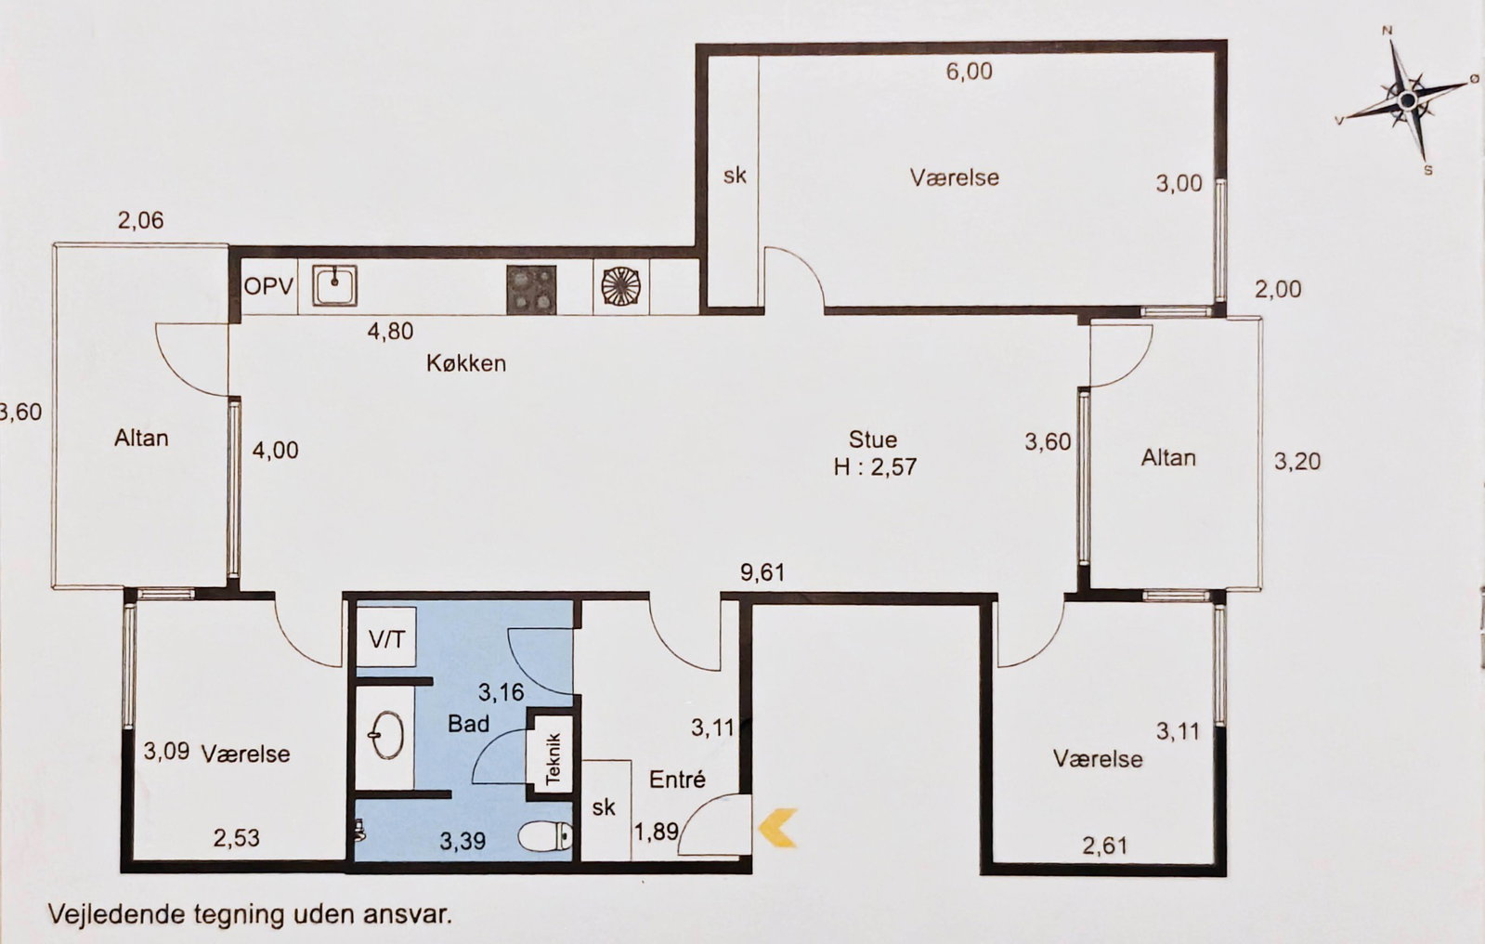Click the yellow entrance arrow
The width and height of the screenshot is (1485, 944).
[777, 828]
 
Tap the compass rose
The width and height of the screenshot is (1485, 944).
[1407, 101]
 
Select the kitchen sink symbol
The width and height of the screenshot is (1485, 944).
[334, 286]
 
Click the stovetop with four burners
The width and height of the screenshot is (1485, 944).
[531, 289]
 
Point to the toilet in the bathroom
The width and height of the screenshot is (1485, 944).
[545, 836]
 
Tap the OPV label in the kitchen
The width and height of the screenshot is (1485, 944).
[268, 286]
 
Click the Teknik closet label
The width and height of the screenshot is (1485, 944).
[553, 759]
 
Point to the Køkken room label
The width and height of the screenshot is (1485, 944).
[466, 363]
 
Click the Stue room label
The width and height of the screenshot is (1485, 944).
[873, 439]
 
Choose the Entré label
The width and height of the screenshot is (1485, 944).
[677, 779]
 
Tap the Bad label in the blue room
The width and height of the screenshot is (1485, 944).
[469, 723]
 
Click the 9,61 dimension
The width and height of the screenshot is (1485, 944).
[762, 571]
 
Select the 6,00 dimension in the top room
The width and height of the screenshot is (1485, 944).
[970, 71]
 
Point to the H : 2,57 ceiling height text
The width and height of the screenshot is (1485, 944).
[875, 467]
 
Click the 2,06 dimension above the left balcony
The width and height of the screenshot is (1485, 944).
[140, 219]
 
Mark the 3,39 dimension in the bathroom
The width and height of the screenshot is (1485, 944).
[462, 841]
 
